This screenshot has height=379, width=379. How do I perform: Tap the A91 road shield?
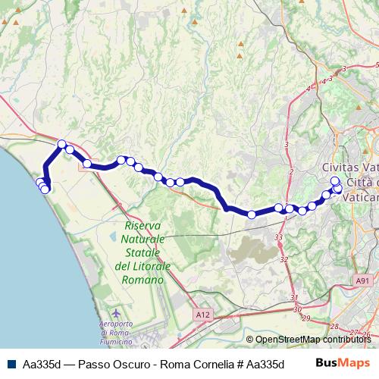pos(364,280)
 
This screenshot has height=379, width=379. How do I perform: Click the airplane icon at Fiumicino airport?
pos(115,314)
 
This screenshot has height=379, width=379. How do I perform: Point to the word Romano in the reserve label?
pos(143,280)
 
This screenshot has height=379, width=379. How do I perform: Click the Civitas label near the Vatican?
pos(341,167)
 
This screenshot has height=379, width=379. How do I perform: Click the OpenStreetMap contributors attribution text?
pos(312,340)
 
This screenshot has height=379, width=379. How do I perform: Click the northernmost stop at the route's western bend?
pos(62,144)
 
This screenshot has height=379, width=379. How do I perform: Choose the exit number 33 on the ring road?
pos(279,237)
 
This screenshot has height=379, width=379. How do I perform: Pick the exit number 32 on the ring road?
pos(284,259)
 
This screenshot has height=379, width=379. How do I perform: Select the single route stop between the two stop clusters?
pos(252,215)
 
